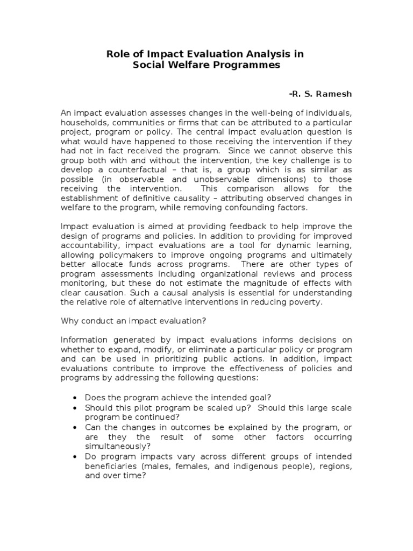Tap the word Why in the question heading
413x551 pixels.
[x=69, y=321]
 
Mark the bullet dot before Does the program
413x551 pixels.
[x=75, y=398]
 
